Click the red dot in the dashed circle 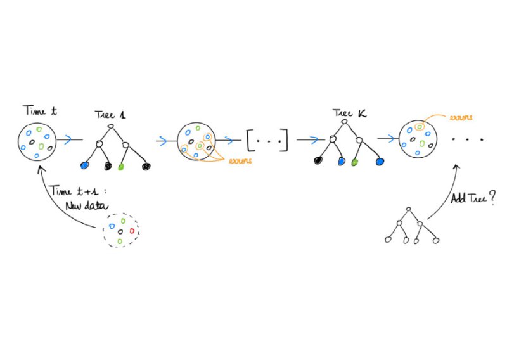(x=132, y=231)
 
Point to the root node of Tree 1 (x=111, y=127)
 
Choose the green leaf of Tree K (x=354, y=162)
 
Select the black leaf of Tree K (x=318, y=161)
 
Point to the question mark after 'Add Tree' (x=492, y=197)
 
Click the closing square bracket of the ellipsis (x=285, y=140)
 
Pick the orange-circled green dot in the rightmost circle (x=420, y=128)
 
